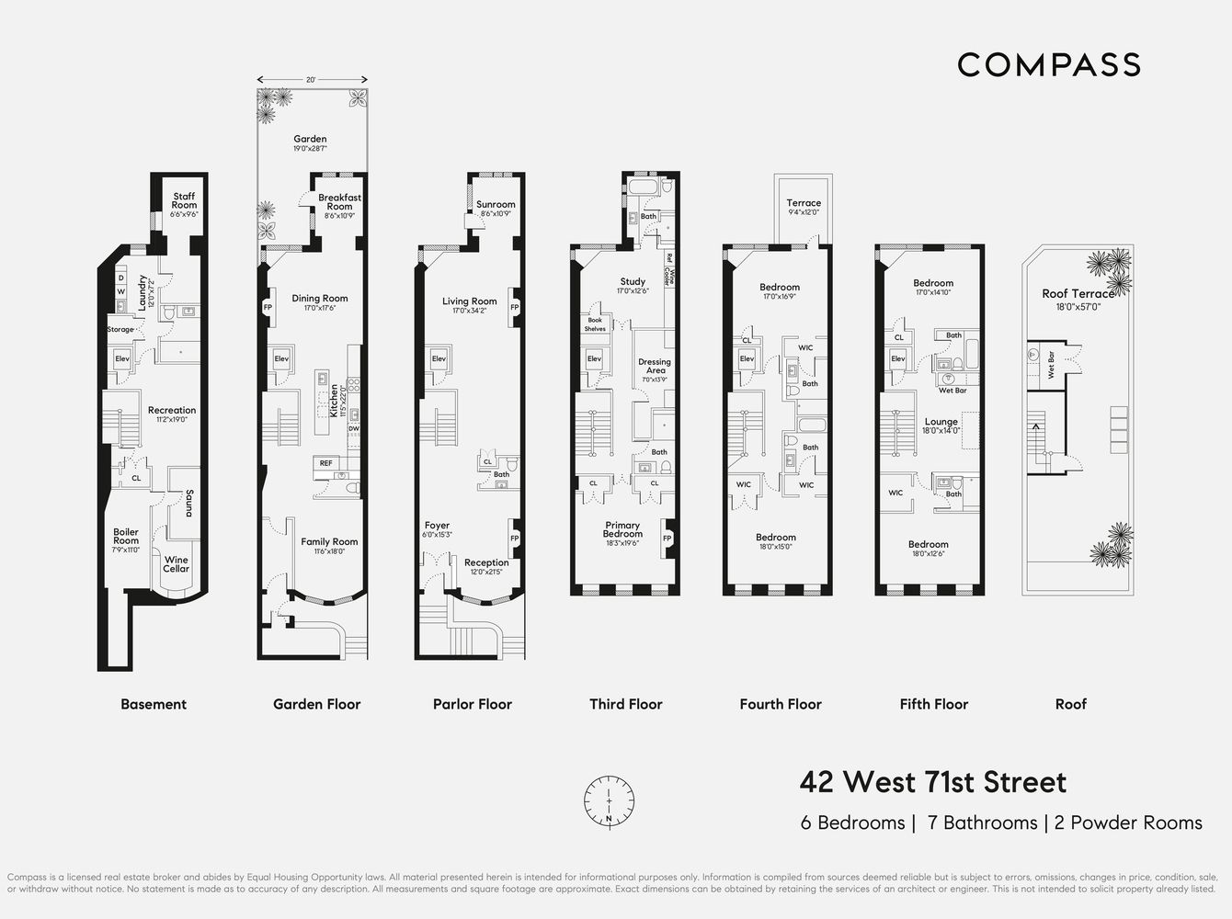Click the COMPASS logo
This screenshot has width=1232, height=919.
point(1049,64)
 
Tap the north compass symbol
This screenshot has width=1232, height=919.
point(609,800)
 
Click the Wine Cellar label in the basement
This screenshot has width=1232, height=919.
point(176,564)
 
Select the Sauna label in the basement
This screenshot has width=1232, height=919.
point(188,503)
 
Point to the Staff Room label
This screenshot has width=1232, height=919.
point(184,200)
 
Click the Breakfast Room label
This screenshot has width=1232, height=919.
point(339,201)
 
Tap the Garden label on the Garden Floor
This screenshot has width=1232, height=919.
point(310,140)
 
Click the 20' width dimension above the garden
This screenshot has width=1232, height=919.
point(312,80)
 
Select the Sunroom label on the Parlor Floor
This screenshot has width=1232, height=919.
point(496,205)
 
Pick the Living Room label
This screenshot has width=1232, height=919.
point(469,301)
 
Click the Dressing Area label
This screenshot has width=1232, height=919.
point(655,366)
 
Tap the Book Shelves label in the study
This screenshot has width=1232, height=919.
point(595,324)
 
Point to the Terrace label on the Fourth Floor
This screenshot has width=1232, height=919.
point(804,203)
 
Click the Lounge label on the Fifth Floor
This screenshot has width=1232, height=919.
point(941,422)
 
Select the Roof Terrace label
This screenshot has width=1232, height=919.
point(1077,294)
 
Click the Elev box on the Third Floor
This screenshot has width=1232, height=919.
point(594,358)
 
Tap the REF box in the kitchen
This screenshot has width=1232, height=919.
point(325,463)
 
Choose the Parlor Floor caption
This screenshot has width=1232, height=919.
point(472,704)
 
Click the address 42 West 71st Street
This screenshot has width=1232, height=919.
point(932,782)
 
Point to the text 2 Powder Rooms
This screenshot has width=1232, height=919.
point(1128,823)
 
